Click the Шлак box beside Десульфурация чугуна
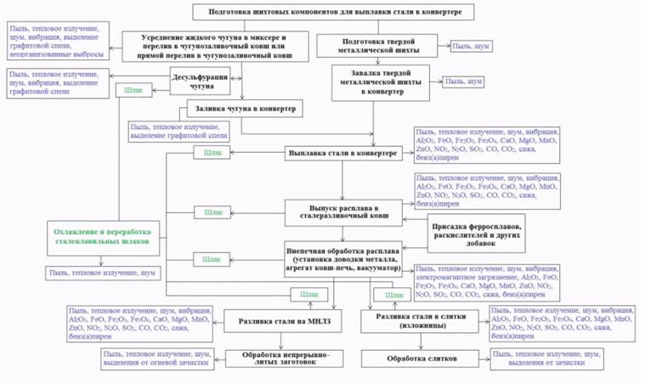[x=134, y=88]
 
